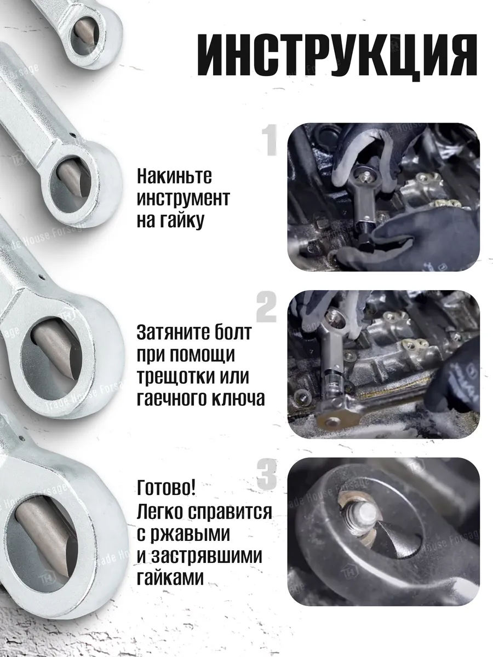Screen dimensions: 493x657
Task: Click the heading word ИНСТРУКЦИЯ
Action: pyautogui.click(x=336, y=56)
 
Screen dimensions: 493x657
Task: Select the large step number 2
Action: pyautogui.click(x=267, y=307)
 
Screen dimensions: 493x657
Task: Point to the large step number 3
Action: pyautogui.click(x=267, y=474)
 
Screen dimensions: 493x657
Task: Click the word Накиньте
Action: pyautogui.click(x=174, y=176)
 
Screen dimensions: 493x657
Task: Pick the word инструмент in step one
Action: pyautogui.click(x=184, y=198)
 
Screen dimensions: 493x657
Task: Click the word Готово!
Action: pyautogui.click(x=167, y=488)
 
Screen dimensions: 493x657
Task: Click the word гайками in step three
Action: pyautogui.click(x=170, y=577)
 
